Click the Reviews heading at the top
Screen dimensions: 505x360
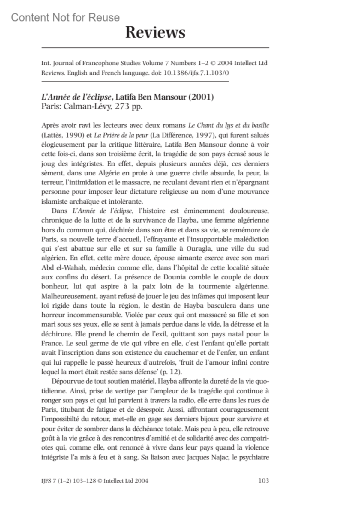tap(155, 32)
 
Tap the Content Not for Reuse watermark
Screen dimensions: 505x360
tap(65, 18)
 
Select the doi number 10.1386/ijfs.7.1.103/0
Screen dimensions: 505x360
tap(196, 73)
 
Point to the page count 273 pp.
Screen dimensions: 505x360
tap(129, 106)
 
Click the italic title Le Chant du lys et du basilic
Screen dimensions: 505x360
tap(229, 125)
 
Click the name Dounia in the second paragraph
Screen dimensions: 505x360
tap(175, 277)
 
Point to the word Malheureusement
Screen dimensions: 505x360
tap(69, 296)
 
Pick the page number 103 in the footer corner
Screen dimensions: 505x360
tap(263, 480)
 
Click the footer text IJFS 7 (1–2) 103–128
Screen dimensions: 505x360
tap(69, 480)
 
